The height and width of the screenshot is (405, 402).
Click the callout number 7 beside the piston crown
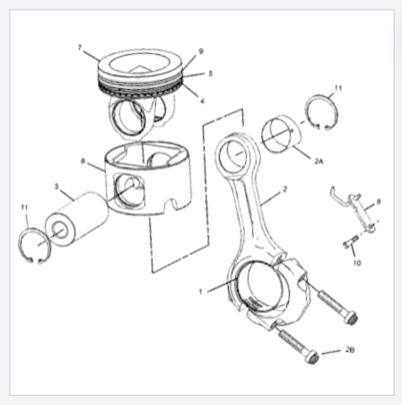80,48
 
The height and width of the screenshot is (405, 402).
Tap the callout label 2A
319,162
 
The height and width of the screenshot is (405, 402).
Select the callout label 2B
350,349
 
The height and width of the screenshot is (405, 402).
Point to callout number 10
357,263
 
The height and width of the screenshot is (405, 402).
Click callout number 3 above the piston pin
57,187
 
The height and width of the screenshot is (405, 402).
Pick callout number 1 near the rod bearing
201,292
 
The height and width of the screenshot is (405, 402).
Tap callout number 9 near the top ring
201,51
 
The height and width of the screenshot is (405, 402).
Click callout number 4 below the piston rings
202,101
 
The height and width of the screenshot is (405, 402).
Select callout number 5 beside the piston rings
210,74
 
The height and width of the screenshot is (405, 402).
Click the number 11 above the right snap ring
338,88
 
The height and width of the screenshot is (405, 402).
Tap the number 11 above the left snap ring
24,207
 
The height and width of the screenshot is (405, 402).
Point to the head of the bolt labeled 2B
311,357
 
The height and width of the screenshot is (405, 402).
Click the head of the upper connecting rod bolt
351,318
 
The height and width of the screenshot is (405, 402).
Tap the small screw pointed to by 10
350,242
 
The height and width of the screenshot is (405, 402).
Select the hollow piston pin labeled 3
77,219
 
